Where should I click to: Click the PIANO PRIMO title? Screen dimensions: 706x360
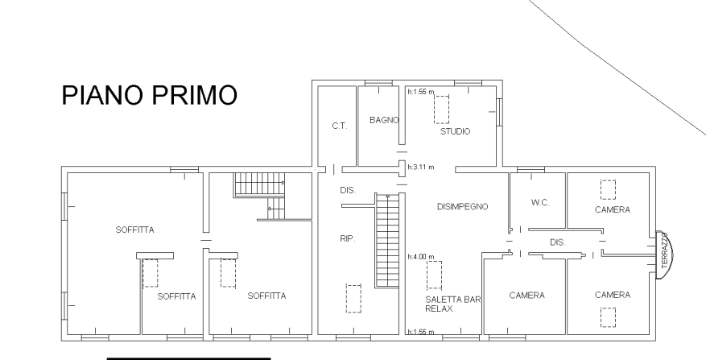[x=149, y=95]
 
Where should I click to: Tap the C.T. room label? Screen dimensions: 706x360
[x=340, y=126]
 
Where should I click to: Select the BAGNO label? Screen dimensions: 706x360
[x=384, y=120]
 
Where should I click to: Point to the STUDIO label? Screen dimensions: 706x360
[x=455, y=131]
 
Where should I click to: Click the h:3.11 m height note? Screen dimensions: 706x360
[x=421, y=168]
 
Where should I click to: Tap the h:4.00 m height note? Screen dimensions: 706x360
[x=421, y=257]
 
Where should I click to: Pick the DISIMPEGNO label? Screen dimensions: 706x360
[x=462, y=207]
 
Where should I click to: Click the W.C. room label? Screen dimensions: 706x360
[x=540, y=203]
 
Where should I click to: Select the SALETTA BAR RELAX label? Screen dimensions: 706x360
[x=453, y=304]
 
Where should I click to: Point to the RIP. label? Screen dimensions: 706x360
[x=348, y=239]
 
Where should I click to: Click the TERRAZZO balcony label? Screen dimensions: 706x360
[x=665, y=250]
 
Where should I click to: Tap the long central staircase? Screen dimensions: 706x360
[x=387, y=241]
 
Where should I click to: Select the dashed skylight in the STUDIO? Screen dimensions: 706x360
[x=441, y=110]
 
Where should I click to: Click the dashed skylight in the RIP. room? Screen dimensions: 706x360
[x=353, y=298]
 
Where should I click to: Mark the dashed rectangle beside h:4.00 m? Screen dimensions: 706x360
[x=434, y=275]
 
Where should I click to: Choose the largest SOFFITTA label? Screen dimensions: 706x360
[x=134, y=230]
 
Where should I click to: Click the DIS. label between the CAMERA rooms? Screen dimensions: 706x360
[x=557, y=242]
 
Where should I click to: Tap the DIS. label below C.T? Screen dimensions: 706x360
[x=348, y=191]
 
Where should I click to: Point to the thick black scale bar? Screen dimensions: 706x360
[x=188, y=358]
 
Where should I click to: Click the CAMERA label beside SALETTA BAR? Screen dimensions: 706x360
[x=526, y=296]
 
